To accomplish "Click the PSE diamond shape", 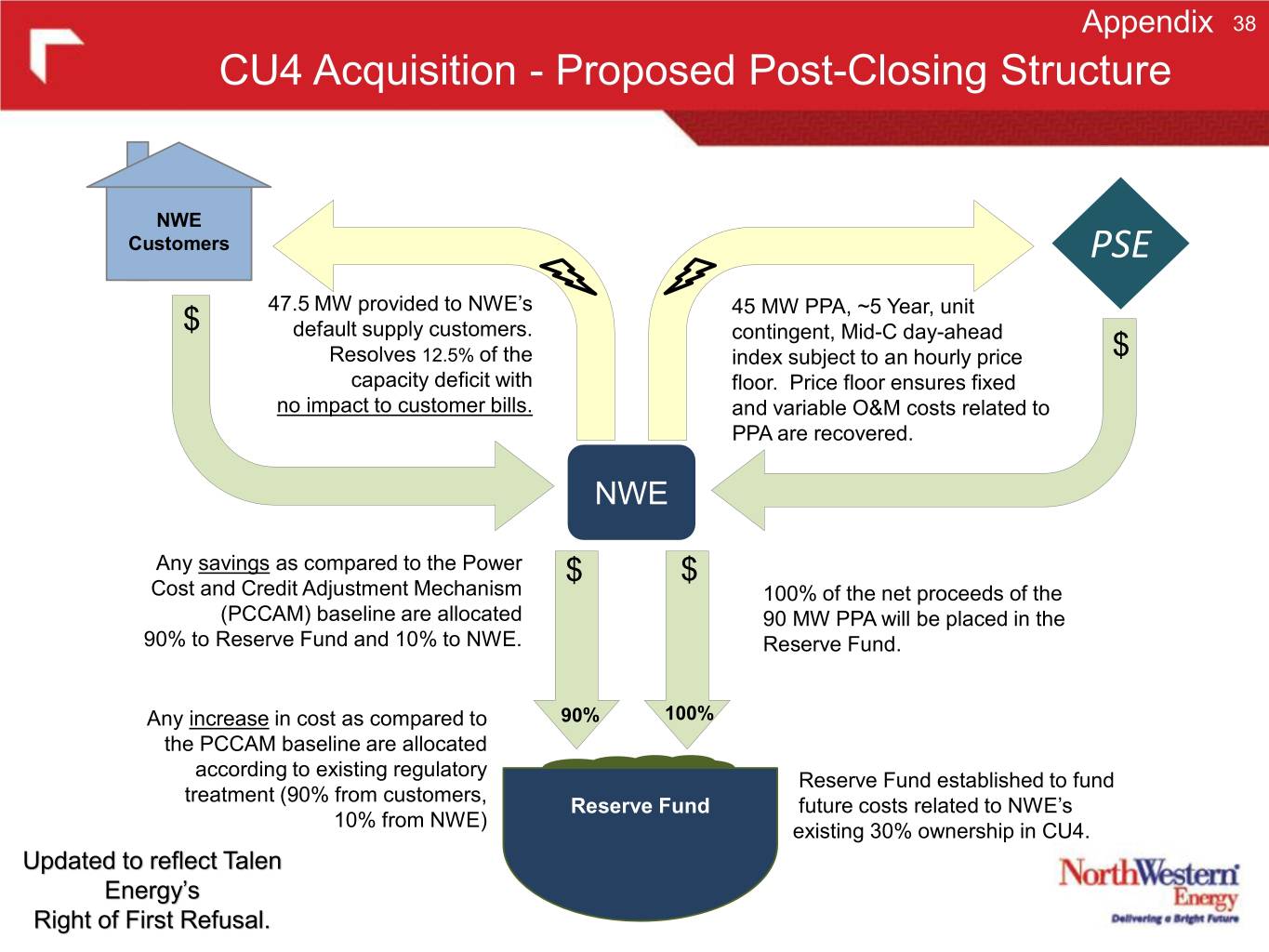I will coord(1120,244).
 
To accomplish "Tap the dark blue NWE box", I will coord(631,493).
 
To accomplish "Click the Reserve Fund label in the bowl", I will coord(640,806).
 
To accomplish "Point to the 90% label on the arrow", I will coord(580,715).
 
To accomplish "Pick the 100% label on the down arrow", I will coord(689,713).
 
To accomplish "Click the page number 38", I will coord(1244,24).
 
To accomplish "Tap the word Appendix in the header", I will coord(1147,22).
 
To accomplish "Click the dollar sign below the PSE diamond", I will coord(1121,345).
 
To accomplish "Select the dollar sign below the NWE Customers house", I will coord(192,319).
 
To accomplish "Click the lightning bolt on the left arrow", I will coord(567,275).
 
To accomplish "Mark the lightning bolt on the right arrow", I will coord(689,275).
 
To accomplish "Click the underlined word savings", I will coord(233,563).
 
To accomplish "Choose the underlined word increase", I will coord(229,719).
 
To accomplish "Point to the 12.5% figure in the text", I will coord(448,355).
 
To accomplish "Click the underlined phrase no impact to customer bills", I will coord(404,405).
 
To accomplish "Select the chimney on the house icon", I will coord(137,152).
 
